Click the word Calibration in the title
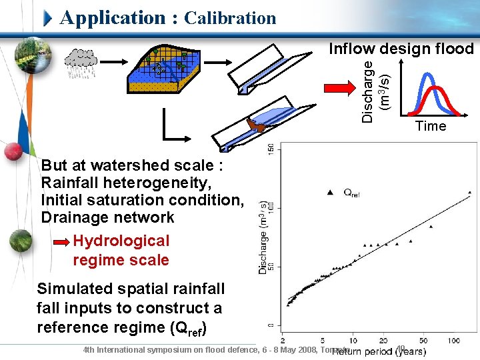pyautogui.click(x=229, y=18)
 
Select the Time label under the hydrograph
pyautogui.click(x=430, y=126)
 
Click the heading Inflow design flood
pyautogui.click(x=401, y=49)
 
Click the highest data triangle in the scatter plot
pyautogui.click(x=469, y=193)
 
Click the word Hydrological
pyautogui.click(x=121, y=241)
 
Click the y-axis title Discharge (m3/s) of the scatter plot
pyautogui.click(x=264, y=238)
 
